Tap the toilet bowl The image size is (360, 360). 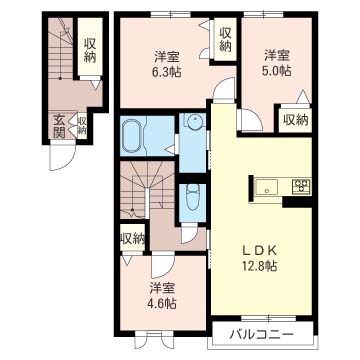click(x=192, y=197)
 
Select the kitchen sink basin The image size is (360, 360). click(x=266, y=187)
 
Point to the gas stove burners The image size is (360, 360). click(x=301, y=186)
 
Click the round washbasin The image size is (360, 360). click(x=193, y=122)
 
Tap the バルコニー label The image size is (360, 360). click(x=262, y=334)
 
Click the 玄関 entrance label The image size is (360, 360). click(x=59, y=126)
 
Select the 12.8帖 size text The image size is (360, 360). click(x=260, y=266)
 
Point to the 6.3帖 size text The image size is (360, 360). click(x=167, y=72)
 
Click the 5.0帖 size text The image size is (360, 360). click(x=278, y=70)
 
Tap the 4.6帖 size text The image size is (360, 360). click(x=163, y=303)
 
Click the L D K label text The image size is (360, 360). click(x=260, y=249)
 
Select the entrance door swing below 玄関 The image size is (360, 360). click(x=62, y=157)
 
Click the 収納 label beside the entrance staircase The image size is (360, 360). click(x=90, y=50)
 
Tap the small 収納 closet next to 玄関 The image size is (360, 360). click(x=82, y=125)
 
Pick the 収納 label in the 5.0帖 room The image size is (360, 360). click(x=295, y=120)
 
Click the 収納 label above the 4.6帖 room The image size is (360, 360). click(x=132, y=239)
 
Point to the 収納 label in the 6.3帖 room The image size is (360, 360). click(x=225, y=39)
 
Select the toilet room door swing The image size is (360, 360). click(x=189, y=235)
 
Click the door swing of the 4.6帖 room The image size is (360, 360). click(x=163, y=266)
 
